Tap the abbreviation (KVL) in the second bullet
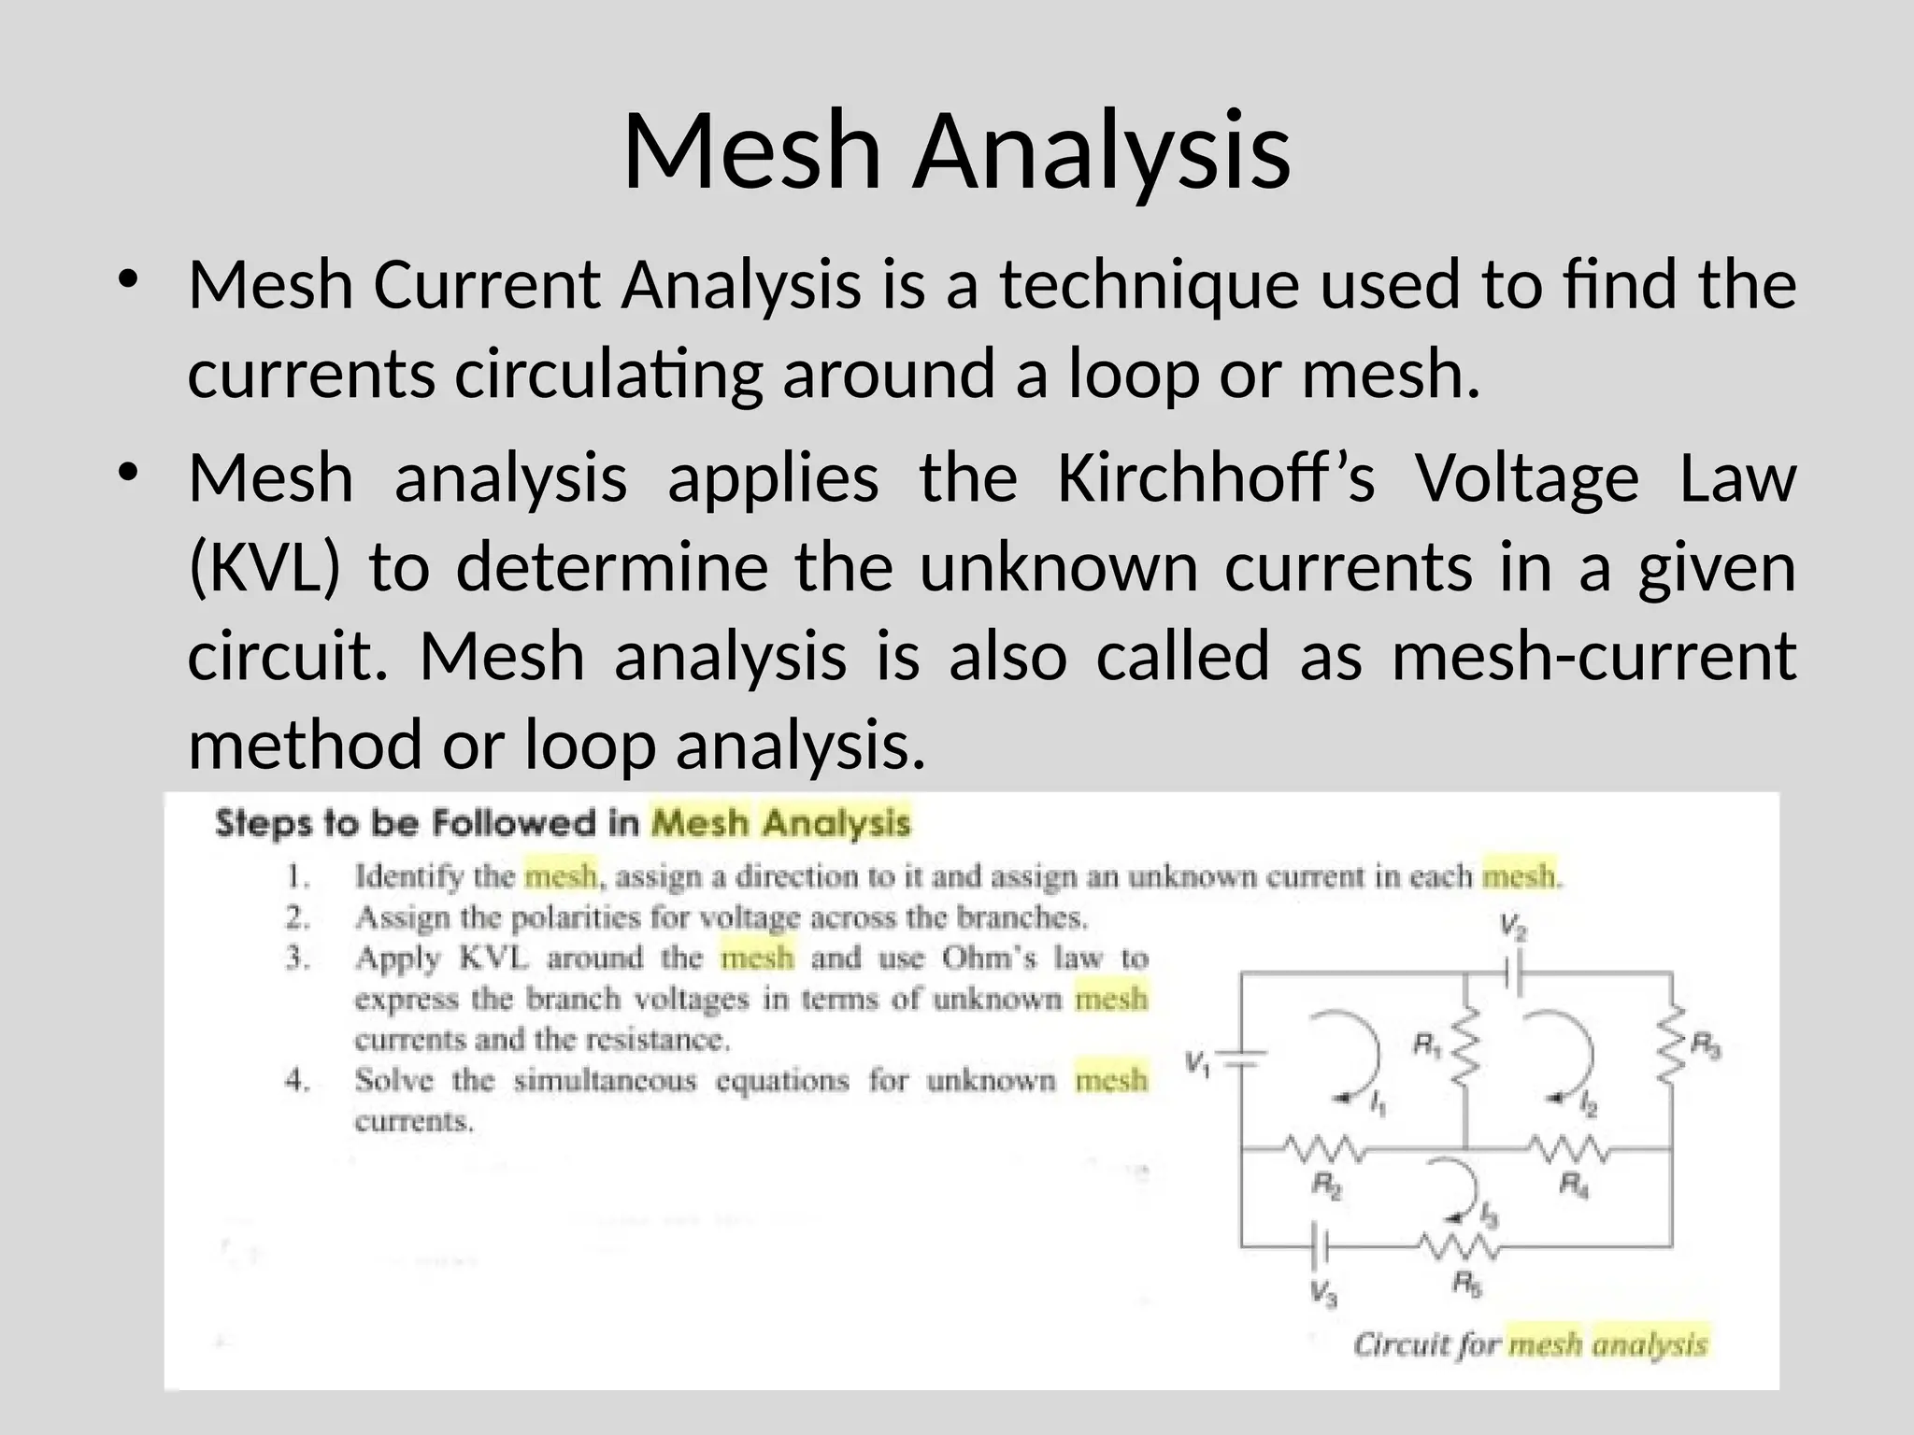point(264,568)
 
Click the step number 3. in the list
point(298,959)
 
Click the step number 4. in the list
point(298,1081)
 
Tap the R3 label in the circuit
point(1707,1046)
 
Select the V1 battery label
point(1198,1063)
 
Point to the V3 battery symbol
point(1321,1246)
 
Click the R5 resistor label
point(1466,1285)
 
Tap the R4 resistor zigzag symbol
point(1568,1148)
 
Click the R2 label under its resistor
point(1327,1186)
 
